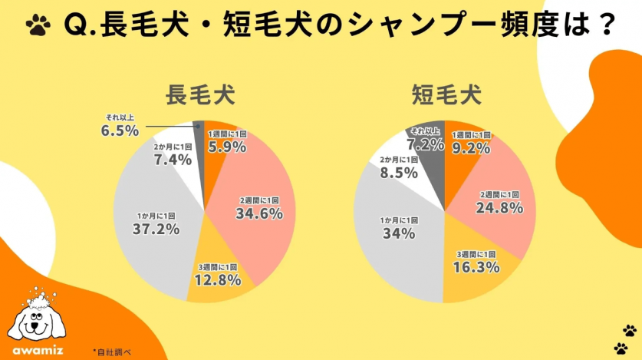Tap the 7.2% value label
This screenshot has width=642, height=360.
pos(426,144)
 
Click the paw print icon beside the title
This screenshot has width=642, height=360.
pos(36,25)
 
